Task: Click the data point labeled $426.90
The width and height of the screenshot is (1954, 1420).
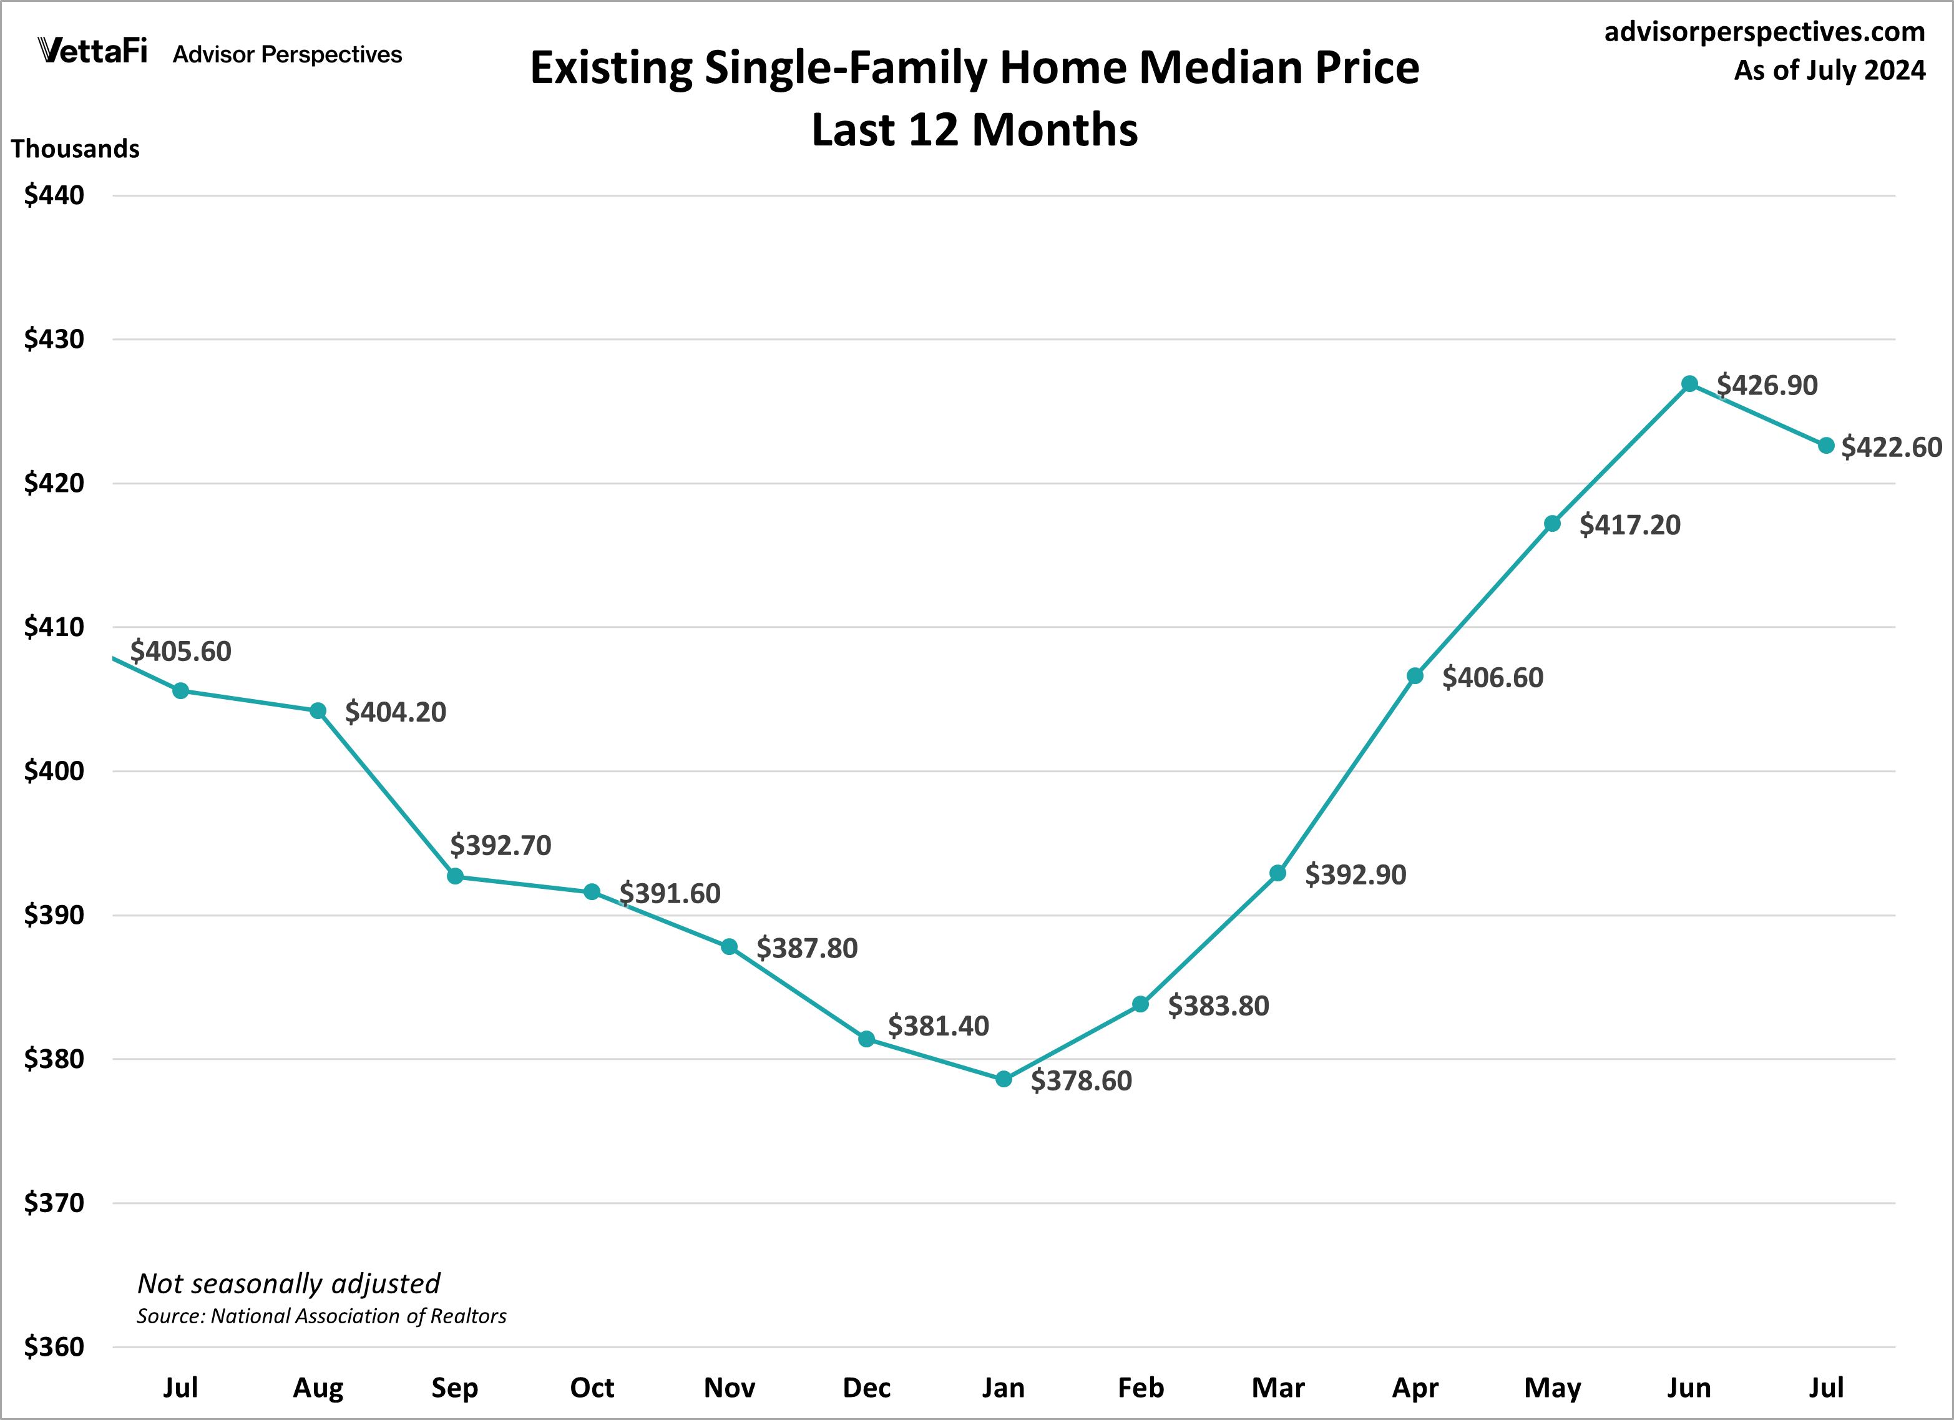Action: pyautogui.click(x=1689, y=383)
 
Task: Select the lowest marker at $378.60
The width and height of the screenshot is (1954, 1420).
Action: pyautogui.click(x=1004, y=1079)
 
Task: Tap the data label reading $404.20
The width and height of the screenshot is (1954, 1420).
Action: pyautogui.click(x=396, y=712)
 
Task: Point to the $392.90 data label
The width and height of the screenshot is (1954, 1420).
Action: pyautogui.click(x=1356, y=874)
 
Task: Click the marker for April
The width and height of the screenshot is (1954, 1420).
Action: pyautogui.click(x=1415, y=675)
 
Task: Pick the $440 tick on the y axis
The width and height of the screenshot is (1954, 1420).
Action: pyautogui.click(x=54, y=195)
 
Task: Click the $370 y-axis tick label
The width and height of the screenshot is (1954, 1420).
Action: pyautogui.click(x=54, y=1203)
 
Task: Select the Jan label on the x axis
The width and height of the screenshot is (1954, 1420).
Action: pyautogui.click(x=1004, y=1388)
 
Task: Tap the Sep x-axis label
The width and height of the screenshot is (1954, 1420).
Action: pyautogui.click(x=454, y=1388)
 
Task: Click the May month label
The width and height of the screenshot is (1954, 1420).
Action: pyautogui.click(x=1553, y=1388)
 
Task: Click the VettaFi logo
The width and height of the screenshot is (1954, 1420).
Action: pyautogui.click(x=93, y=52)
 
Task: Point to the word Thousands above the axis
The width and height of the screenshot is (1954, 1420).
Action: pyautogui.click(x=75, y=149)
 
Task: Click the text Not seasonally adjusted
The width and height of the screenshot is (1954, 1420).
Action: pyautogui.click(x=288, y=1284)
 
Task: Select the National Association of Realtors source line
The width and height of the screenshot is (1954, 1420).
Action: pyautogui.click(x=321, y=1316)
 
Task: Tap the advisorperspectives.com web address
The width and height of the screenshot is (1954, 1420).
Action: pyautogui.click(x=1764, y=32)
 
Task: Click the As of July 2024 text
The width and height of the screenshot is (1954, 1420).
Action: pyautogui.click(x=1829, y=70)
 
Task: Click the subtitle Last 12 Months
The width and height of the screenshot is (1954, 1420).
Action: pyautogui.click(x=974, y=130)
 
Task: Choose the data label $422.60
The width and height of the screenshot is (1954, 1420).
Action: pyautogui.click(x=1891, y=447)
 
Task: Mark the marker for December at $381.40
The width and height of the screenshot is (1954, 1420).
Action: pyautogui.click(x=867, y=1039)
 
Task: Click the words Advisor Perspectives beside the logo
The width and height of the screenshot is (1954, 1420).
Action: pyautogui.click(x=287, y=54)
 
